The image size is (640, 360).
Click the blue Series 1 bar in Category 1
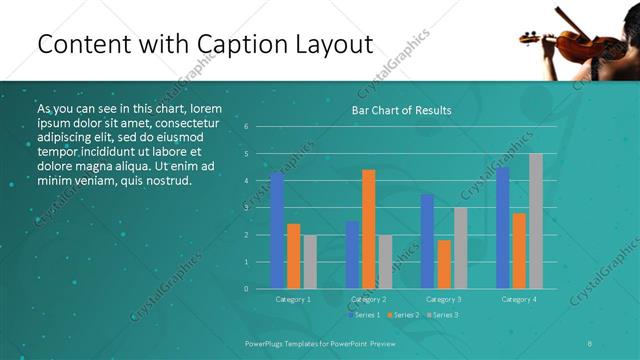[277, 230]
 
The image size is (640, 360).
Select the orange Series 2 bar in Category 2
[368, 229]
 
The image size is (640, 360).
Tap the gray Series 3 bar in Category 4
[536, 221]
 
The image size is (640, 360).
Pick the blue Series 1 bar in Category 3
[427, 241]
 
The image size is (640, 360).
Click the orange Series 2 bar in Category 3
[444, 264]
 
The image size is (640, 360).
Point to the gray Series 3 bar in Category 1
[310, 262]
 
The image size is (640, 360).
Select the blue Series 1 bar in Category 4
[502, 228]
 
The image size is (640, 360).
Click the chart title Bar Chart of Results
[401, 110]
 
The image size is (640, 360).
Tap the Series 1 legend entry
[363, 315]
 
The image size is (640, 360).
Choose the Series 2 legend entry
[402, 315]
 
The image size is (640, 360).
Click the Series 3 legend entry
[441, 315]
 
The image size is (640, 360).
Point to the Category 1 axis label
[293, 299]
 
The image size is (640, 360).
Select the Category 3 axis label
[443, 299]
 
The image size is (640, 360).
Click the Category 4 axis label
[518, 299]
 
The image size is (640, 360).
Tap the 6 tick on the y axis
[246, 127]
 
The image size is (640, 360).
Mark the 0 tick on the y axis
[246, 289]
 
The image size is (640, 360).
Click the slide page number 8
[590, 342]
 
